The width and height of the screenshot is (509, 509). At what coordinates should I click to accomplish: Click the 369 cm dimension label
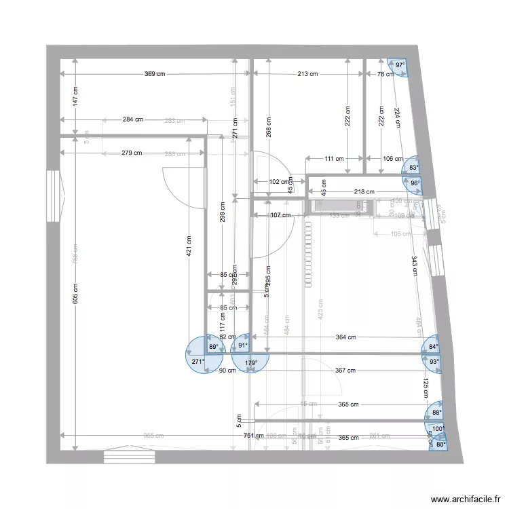pos(154,74)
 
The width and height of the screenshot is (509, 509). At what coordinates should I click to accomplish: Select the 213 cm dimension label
pos(307,74)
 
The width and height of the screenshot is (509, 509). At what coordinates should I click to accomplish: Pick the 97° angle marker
pos(400,66)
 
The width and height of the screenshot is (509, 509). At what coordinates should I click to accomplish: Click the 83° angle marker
pos(413,167)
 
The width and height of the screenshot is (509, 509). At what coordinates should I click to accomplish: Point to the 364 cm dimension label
pos(345,337)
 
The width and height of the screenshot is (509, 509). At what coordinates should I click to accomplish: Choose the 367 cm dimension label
pos(345,371)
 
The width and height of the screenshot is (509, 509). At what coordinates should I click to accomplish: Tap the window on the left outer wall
pos(52,196)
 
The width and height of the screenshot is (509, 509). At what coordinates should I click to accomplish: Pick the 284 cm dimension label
pos(133,120)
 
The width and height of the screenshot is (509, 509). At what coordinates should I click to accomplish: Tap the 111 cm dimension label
pos(333,159)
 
